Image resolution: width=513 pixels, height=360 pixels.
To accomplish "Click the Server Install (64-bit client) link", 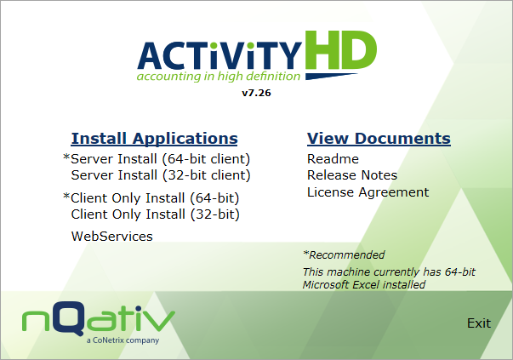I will tap(161, 159).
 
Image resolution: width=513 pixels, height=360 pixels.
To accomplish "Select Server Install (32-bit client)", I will tap(161, 175).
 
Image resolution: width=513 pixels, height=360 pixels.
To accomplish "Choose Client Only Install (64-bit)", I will tap(155, 198).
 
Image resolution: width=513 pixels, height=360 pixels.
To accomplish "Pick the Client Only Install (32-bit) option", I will tap(155, 214).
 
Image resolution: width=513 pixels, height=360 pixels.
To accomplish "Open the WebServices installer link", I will tap(111, 237).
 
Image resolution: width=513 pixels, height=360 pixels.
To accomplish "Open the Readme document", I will tap(333, 159).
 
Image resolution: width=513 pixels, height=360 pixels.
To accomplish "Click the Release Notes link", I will tap(352, 175).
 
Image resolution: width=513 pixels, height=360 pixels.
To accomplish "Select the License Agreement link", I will tap(368, 192).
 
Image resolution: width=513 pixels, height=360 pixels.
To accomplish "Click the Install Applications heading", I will tap(154, 139).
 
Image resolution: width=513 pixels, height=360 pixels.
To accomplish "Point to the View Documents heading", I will tap(379, 139).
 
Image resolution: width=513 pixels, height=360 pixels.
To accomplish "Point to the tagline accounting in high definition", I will tap(219, 76).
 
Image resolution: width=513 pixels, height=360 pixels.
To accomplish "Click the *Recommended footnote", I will tap(344, 255).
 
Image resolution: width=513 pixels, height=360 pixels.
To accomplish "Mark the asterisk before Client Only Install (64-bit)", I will tap(66, 197).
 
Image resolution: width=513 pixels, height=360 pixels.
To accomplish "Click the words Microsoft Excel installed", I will tap(364, 285).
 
